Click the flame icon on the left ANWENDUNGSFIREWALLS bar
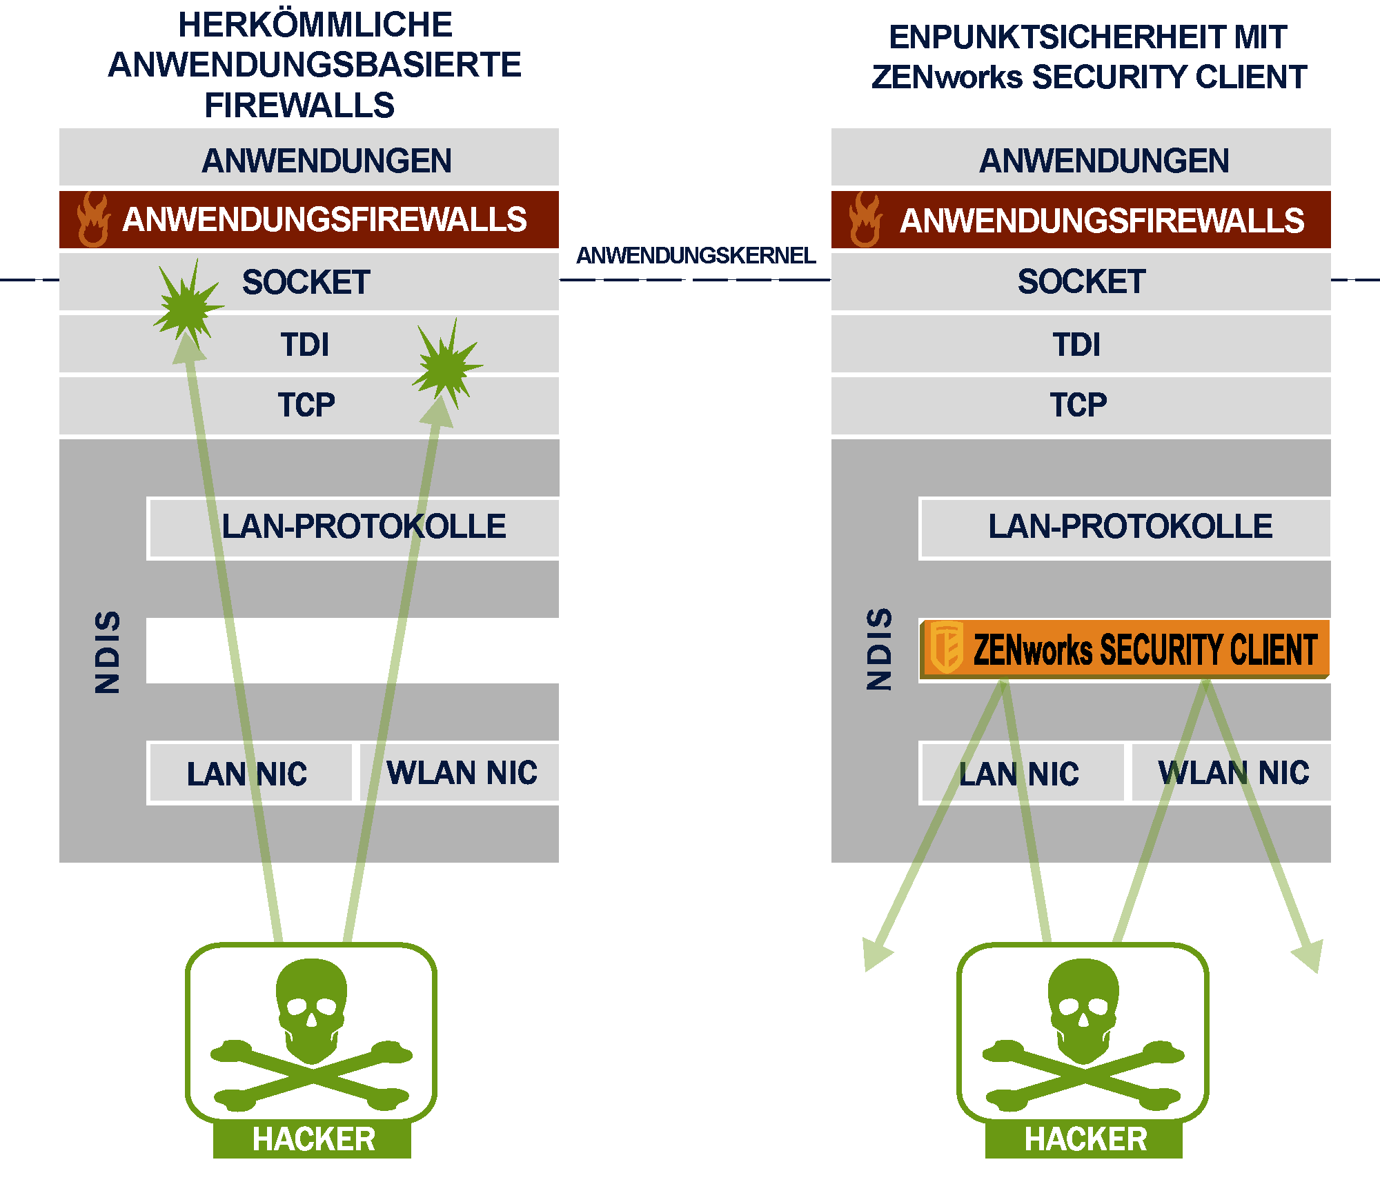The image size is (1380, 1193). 93,219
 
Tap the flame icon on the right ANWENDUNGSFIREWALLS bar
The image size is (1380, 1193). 865,219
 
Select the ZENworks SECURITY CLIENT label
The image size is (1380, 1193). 1145,650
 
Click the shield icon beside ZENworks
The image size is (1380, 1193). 946,648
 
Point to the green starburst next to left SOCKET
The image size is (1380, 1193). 186,303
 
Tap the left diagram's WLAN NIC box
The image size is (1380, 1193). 461,772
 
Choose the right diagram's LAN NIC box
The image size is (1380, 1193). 1019,773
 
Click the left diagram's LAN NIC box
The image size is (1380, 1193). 247,773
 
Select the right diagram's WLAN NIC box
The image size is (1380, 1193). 1233,772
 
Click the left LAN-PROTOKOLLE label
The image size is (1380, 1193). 364,526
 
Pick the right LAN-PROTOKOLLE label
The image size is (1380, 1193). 1130,526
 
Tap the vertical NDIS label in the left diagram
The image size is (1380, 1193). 108,652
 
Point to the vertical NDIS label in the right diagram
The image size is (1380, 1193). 880,649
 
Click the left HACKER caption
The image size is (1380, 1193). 313,1139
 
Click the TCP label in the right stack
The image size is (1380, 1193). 1078,405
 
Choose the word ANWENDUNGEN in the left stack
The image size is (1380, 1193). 326,161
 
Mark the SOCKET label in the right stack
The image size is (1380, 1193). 1081,281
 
